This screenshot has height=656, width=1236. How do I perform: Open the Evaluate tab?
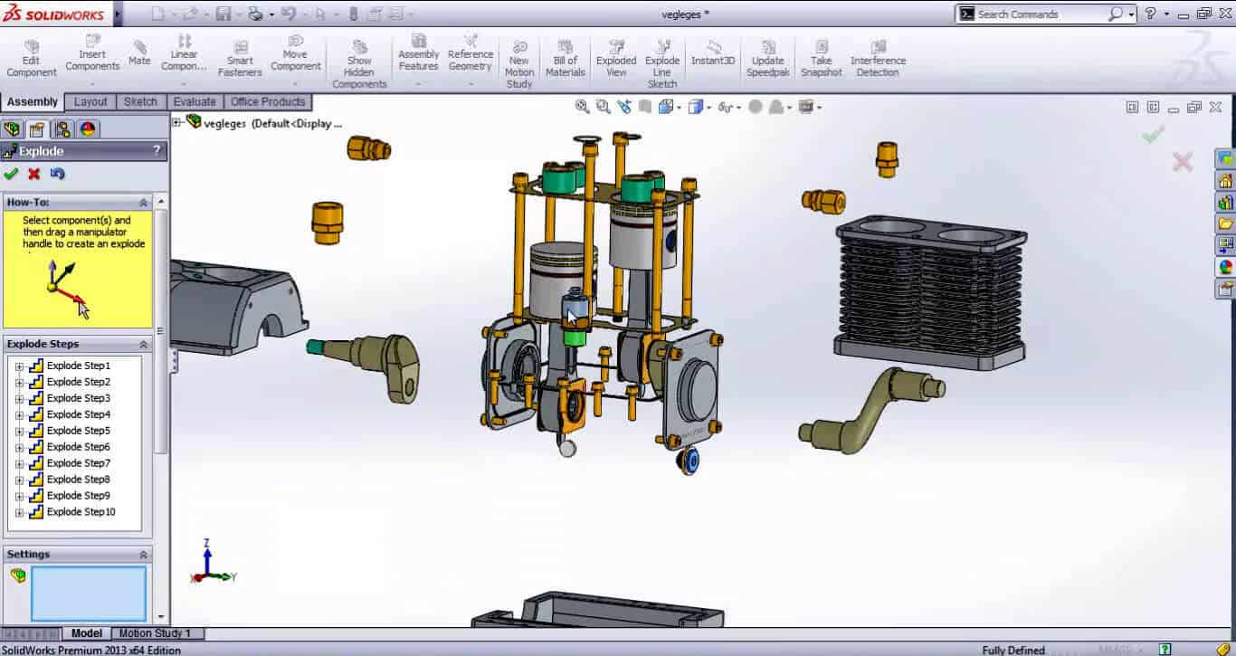pyautogui.click(x=195, y=101)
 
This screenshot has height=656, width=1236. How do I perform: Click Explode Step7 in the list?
pyautogui.click(x=78, y=463)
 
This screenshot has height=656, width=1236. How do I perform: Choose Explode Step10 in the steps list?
pyautogui.click(x=81, y=512)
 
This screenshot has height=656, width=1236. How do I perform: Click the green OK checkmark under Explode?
pyautogui.click(x=11, y=174)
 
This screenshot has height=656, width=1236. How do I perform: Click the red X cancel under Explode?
pyautogui.click(x=34, y=174)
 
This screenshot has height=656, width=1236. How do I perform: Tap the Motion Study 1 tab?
pyautogui.click(x=155, y=633)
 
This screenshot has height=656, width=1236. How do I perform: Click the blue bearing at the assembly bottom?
pyautogui.click(x=689, y=461)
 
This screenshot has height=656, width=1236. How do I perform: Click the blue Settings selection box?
pyautogui.click(x=89, y=594)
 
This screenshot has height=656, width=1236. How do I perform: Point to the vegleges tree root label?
pyautogui.click(x=224, y=123)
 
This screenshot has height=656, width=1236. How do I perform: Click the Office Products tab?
pyautogui.click(x=268, y=101)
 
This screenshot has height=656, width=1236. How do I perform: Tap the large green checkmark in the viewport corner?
pyautogui.click(x=1152, y=135)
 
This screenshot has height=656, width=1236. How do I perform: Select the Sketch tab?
pyautogui.click(x=140, y=101)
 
